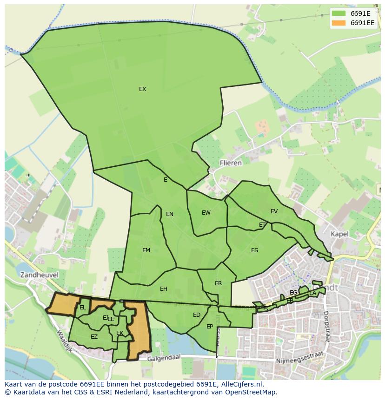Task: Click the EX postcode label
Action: (x=142, y=89)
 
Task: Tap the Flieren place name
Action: (x=231, y=163)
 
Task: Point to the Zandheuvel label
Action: (x=39, y=275)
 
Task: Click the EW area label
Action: (x=206, y=213)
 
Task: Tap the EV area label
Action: (x=274, y=211)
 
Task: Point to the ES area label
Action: (x=254, y=250)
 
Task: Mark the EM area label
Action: (x=146, y=250)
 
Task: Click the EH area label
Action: (x=163, y=289)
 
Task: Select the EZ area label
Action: (x=94, y=337)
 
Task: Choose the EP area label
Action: (x=210, y=327)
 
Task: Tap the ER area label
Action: (x=218, y=283)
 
